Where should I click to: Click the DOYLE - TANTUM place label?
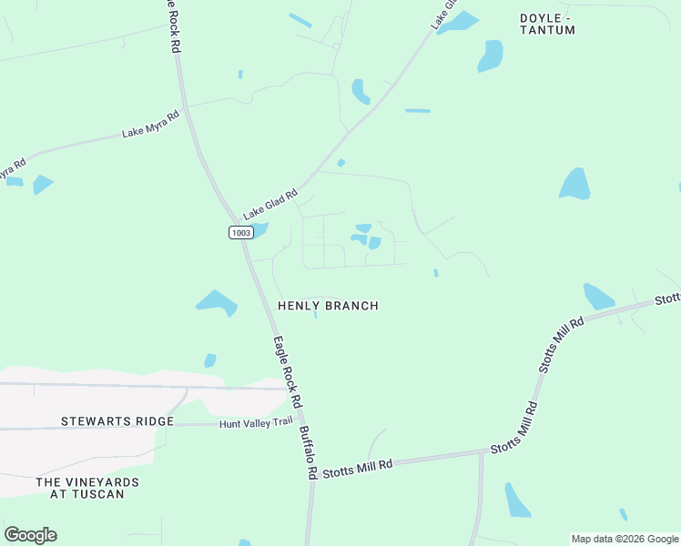(x=548, y=24)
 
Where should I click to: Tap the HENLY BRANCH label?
(x=328, y=306)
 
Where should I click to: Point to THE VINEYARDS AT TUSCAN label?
(x=87, y=487)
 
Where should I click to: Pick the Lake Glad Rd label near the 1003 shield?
(x=270, y=203)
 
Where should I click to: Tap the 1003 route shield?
(x=240, y=233)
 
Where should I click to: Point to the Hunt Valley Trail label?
(x=257, y=422)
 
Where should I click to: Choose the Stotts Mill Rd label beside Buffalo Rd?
(x=357, y=467)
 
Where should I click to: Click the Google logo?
(x=30, y=535)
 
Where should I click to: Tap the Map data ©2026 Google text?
(x=625, y=539)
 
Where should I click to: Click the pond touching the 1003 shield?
(x=258, y=229)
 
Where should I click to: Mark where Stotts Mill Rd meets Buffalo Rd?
(x=311, y=473)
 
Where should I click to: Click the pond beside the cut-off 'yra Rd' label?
(x=42, y=184)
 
